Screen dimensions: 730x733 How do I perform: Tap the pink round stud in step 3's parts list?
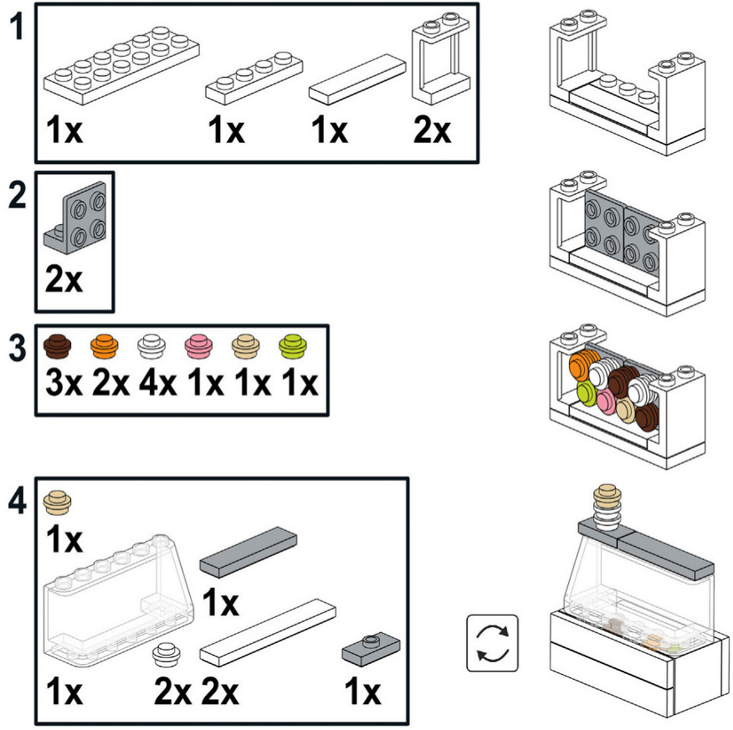[197, 343]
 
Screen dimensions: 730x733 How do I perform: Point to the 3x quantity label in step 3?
[61, 384]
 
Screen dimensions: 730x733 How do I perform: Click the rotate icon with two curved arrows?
[492, 644]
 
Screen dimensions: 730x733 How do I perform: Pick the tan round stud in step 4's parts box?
[59, 501]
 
